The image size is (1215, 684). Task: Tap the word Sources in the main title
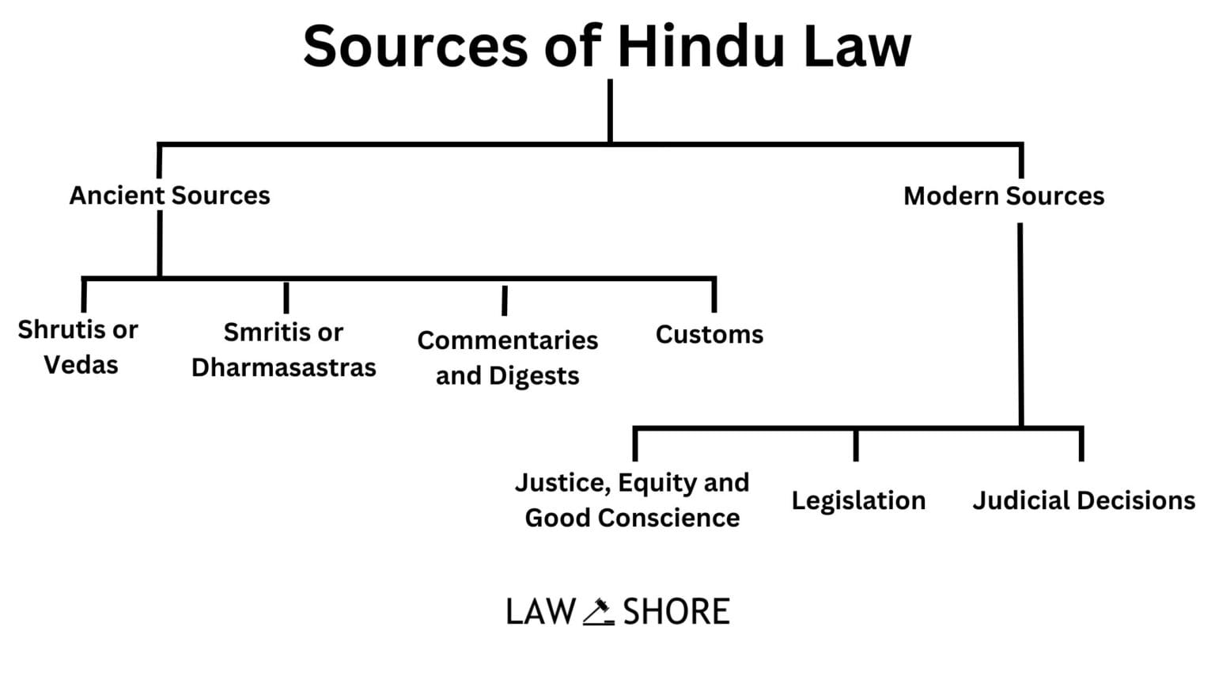pos(414,46)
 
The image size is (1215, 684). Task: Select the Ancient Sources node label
pos(169,196)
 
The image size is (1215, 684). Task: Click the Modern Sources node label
pos(1003,196)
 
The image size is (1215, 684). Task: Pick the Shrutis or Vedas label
pos(78,347)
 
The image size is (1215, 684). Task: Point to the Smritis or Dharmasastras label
pos(283,350)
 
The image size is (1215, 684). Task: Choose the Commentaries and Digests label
pos(507,357)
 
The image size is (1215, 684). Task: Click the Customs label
pos(709,335)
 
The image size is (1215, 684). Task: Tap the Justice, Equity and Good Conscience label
pos(632,500)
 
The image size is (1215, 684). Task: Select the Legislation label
pos(858,500)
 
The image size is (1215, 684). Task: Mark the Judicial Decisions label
pos(1083,500)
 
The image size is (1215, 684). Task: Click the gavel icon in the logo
pos(599,612)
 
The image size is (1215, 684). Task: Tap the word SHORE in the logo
pos(676,612)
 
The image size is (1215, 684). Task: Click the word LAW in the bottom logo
pos(541,612)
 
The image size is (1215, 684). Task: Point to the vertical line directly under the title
pos(610,111)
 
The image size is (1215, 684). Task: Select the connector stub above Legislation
pos(856,445)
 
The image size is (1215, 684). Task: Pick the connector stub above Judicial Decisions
pos(1081,445)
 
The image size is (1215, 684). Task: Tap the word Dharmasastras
pos(283,367)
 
